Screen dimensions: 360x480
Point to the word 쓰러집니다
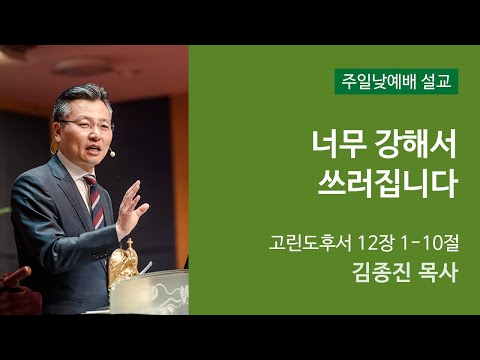pyautogui.click(x=384, y=184)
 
